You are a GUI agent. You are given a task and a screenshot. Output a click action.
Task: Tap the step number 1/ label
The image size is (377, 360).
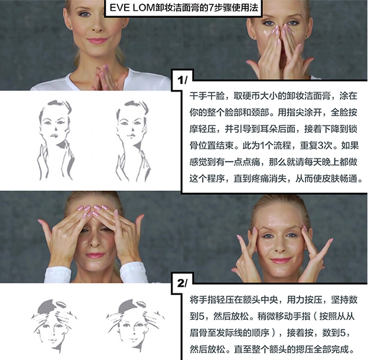(x=182, y=80)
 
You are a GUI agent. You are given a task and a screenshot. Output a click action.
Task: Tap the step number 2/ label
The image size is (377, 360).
(x=182, y=283)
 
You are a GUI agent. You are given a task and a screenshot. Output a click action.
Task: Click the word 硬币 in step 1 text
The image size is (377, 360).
(x=251, y=96)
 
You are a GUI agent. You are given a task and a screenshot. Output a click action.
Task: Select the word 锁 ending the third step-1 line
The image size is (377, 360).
(x=353, y=129)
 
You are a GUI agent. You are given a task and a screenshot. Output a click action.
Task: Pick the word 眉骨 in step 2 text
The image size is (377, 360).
(x=199, y=333)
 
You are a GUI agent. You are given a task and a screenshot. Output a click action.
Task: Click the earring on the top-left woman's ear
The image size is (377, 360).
(x=70, y=27)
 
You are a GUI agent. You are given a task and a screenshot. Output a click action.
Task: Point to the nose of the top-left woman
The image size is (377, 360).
(x=97, y=27)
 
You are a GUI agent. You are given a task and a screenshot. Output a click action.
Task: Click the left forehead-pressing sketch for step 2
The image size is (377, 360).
(x=54, y=325)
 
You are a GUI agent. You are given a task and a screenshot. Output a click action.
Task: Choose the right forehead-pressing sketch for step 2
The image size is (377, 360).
(x=135, y=325)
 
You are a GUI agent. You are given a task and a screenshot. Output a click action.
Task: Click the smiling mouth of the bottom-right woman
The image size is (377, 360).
(x=281, y=261)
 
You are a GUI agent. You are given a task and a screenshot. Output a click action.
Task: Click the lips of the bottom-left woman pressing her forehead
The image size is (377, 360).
(x=95, y=255)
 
